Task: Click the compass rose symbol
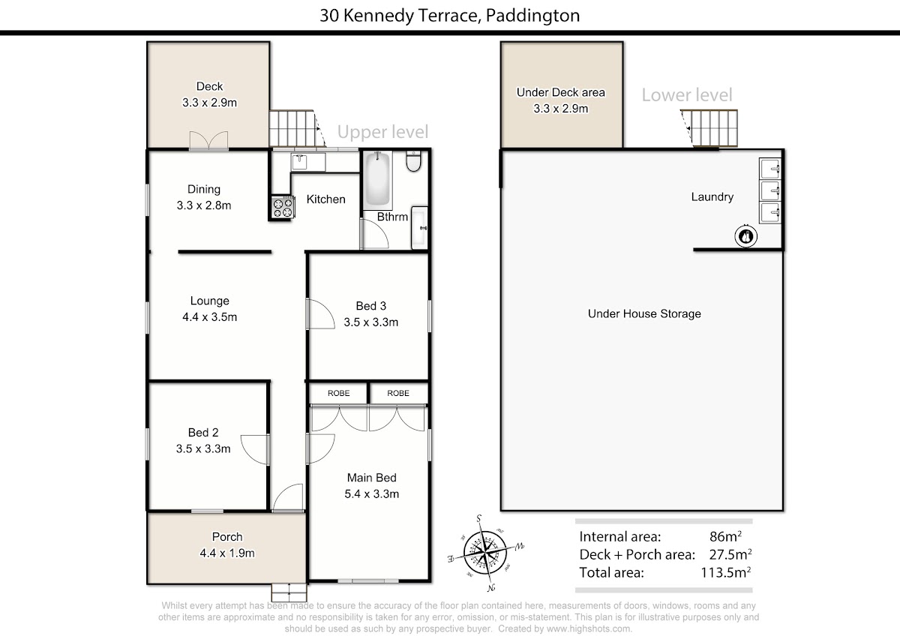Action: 485,553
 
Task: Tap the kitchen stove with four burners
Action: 283,207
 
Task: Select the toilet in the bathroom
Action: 413,161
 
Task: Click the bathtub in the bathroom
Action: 378,179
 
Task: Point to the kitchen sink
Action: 299,162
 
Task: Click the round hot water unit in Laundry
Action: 746,236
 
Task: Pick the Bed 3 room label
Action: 370,306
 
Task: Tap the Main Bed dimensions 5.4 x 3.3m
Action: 372,493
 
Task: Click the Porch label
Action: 227,537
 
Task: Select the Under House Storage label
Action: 644,313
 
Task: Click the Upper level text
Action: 383,132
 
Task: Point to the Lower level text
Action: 687,94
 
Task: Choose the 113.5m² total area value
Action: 726,572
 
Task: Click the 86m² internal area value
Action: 726,536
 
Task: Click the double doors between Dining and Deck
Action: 209,140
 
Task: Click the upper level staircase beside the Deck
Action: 297,128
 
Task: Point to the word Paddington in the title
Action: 532,16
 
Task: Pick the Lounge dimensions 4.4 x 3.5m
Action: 210,317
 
